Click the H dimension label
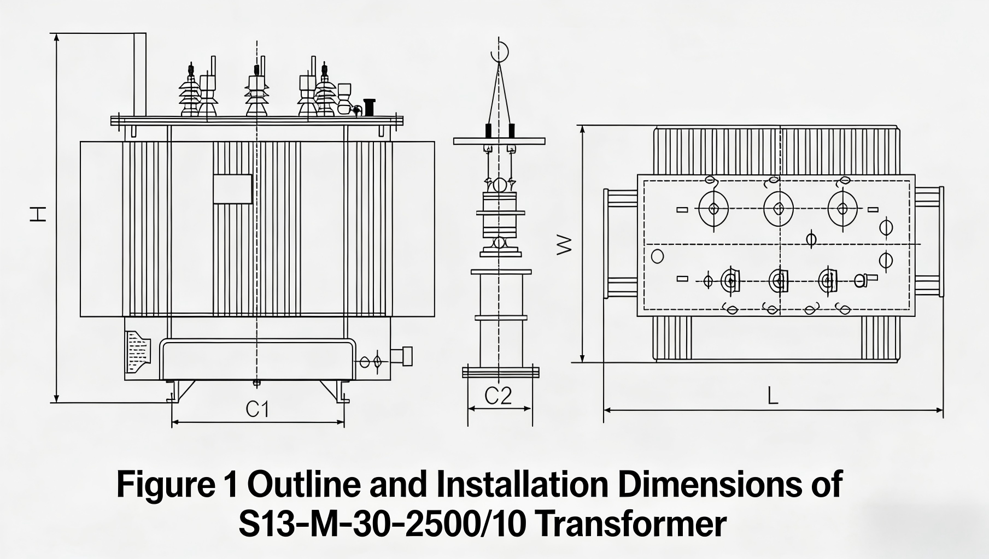coord(37,214)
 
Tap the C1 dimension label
coord(258,409)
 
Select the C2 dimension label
coord(498,396)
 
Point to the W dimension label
coord(564,245)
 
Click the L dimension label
coord(773,396)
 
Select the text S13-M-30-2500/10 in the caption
coord(381,523)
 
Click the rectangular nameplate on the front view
coord(232,189)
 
